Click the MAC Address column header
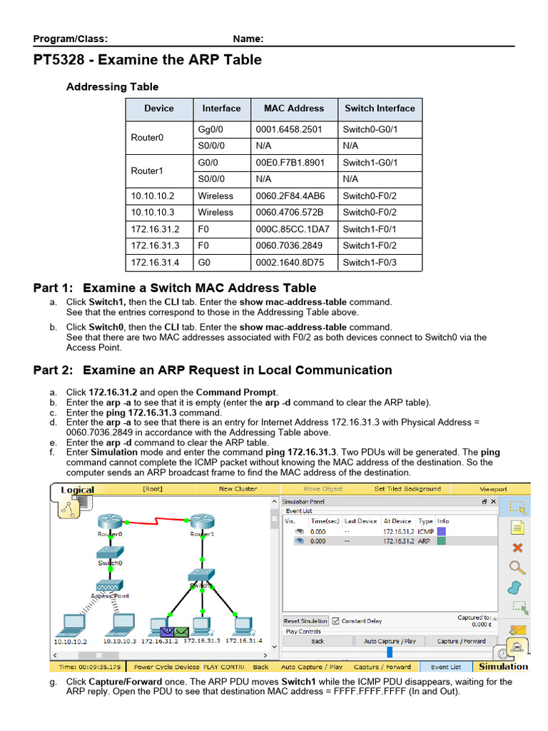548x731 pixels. click(293, 109)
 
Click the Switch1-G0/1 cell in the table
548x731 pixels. click(370, 163)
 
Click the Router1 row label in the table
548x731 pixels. click(146, 171)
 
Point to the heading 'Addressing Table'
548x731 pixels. click(112, 87)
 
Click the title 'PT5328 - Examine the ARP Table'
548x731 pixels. click(148, 60)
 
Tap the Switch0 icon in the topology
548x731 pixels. click(111, 553)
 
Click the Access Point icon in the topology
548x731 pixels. click(110, 585)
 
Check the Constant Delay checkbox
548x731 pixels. click(336, 621)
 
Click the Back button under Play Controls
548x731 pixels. click(318, 641)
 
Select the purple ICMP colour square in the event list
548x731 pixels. click(442, 531)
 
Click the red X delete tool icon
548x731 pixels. click(518, 548)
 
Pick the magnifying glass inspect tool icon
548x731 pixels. click(518, 568)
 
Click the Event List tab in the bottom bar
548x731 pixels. click(446, 667)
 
